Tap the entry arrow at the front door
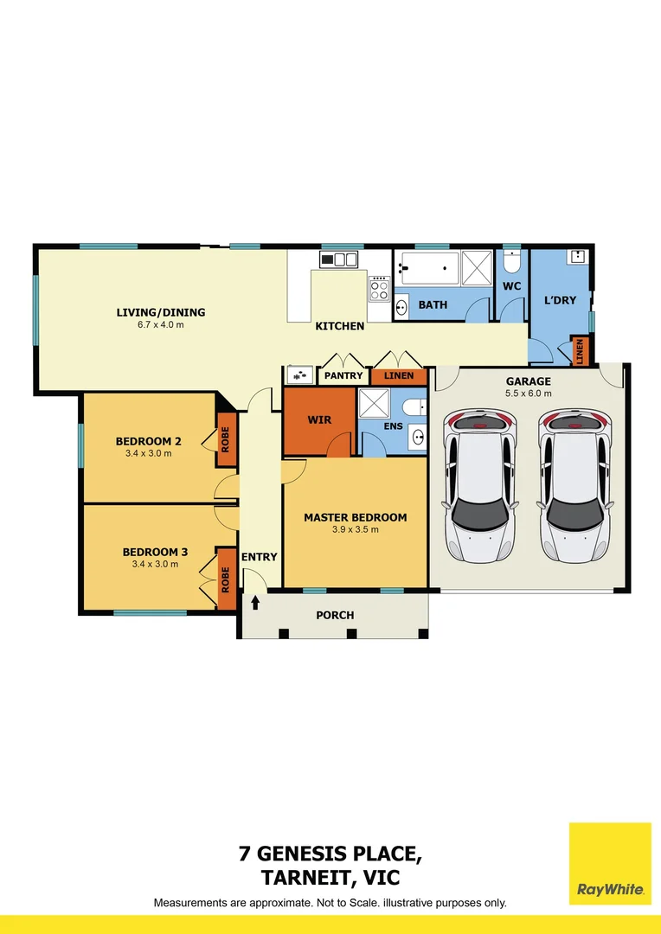pyautogui.click(x=256, y=600)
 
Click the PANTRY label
pyautogui.click(x=343, y=376)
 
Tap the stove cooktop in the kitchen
pyautogui.click(x=380, y=288)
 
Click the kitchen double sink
pyautogui.click(x=339, y=259)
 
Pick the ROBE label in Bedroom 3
pyautogui.click(x=226, y=578)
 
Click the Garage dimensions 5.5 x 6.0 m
pyautogui.click(x=528, y=393)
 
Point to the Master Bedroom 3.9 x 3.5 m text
pyautogui.click(x=355, y=530)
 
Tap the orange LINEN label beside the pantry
pyautogui.click(x=399, y=376)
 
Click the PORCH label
pyautogui.click(x=336, y=616)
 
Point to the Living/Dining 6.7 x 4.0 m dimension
pyautogui.click(x=161, y=325)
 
